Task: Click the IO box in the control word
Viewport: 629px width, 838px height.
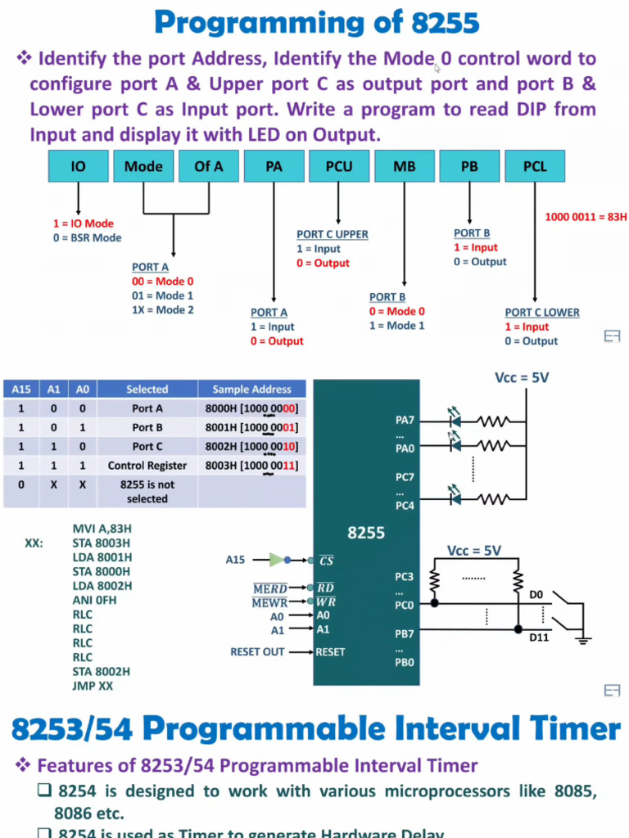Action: (x=78, y=166)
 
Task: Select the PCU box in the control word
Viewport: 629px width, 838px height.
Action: (x=339, y=166)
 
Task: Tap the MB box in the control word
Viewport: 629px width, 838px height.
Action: (x=404, y=166)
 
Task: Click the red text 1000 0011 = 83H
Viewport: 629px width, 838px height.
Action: (x=586, y=217)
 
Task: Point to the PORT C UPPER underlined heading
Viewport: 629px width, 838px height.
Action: (x=333, y=234)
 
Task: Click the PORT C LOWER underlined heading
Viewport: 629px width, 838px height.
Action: (x=542, y=313)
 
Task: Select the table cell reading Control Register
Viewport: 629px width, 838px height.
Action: (x=147, y=466)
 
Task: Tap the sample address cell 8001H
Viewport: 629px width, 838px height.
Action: (x=251, y=427)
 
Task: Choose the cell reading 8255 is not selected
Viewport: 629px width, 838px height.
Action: (x=147, y=491)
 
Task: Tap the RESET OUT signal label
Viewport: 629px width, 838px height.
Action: (x=258, y=652)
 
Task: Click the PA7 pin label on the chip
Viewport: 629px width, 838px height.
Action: (x=405, y=421)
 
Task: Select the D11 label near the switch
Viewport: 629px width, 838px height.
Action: (x=538, y=637)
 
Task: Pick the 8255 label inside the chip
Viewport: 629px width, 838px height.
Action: (x=366, y=533)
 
